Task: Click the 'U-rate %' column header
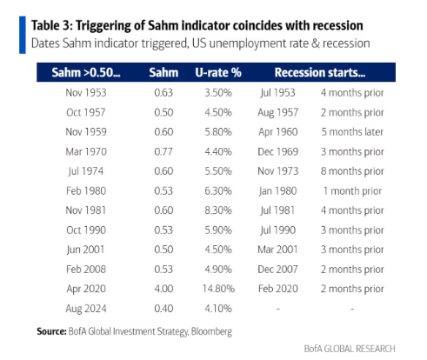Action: point(218,72)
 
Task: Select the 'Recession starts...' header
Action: point(320,72)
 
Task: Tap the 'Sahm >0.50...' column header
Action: point(86,72)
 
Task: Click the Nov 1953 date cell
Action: point(86,93)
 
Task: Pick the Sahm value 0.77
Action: point(163,151)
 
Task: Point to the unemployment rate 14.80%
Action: point(218,289)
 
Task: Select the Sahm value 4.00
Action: point(163,289)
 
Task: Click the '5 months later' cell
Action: point(352,132)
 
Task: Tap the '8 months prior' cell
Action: point(352,171)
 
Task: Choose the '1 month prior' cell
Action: point(352,191)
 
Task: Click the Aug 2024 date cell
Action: point(86,309)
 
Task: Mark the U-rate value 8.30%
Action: point(218,210)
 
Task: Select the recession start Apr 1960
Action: point(278,132)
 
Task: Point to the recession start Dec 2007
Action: point(277,270)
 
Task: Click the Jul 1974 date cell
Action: point(86,171)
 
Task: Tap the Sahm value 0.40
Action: point(163,309)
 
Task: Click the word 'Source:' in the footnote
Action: point(51,331)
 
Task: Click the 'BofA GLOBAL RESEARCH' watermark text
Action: point(350,349)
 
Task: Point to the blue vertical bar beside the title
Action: point(23,35)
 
